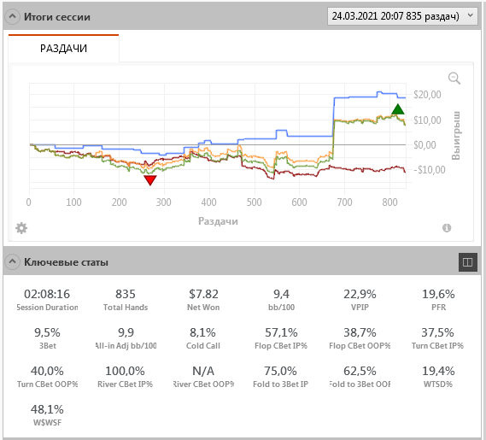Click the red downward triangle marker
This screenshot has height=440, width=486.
[150, 180]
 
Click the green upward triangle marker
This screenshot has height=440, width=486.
[398, 109]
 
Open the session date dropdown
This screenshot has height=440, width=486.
[402, 16]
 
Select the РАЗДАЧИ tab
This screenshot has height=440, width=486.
[63, 49]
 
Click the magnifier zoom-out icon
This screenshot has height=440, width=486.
[454, 78]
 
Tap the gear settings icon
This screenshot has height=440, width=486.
[21, 228]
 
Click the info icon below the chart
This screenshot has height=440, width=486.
[447, 228]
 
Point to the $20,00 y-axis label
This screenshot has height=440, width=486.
[427, 95]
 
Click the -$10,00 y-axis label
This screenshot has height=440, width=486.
[430, 170]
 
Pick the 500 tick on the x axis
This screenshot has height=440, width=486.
[255, 202]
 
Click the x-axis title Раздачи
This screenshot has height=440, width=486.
[218, 221]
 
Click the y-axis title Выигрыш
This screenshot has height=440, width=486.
[456, 136]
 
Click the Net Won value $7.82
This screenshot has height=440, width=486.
[203, 294]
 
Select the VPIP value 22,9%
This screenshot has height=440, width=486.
[360, 294]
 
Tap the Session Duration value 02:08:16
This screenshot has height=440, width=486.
[47, 294]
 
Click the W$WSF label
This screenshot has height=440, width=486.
[47, 423]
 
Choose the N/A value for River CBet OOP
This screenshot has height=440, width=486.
[203, 371]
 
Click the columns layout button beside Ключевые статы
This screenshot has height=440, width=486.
[468, 262]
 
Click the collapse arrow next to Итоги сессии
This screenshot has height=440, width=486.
[13, 16]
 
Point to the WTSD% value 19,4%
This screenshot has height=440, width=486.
[438, 371]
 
